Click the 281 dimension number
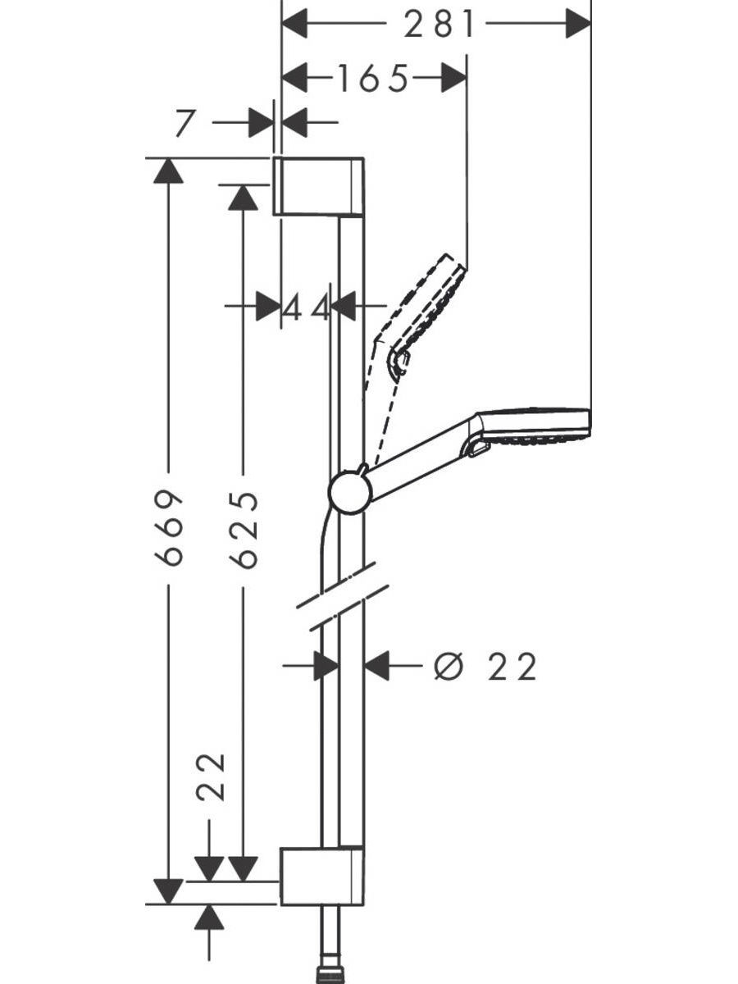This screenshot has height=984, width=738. pyautogui.click(x=439, y=24)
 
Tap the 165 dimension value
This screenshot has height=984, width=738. pyautogui.click(x=373, y=78)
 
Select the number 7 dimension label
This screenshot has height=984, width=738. pyautogui.click(x=185, y=123)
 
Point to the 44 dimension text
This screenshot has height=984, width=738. pyautogui.click(x=307, y=307)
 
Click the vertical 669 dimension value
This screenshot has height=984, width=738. pyautogui.click(x=168, y=529)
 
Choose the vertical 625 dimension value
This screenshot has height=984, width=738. pyautogui.click(x=244, y=531)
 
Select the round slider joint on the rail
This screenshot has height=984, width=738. pyautogui.click(x=350, y=492)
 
